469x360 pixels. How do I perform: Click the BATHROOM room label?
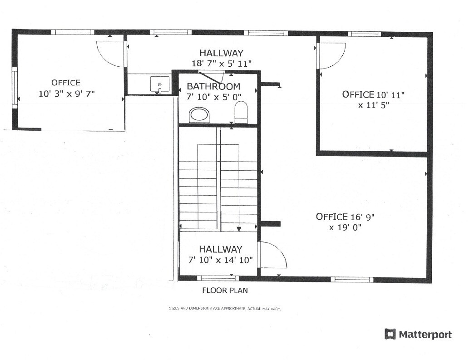(213, 86)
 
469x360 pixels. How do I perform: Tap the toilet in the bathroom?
(241, 112)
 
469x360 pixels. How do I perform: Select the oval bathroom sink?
(199, 114)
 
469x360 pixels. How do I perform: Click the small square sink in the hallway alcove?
(160, 84)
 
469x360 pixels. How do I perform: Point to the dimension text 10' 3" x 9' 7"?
(67, 93)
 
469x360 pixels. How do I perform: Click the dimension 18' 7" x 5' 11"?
(221, 64)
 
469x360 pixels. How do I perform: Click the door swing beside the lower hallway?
(272, 255)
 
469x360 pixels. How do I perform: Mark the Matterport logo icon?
(390, 334)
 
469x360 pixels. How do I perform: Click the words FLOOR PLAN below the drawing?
(225, 291)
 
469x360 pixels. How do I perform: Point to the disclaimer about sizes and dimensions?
(225, 308)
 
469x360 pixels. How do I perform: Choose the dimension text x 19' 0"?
(345, 227)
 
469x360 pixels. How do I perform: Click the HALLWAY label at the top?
(221, 53)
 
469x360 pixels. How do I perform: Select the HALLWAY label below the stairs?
(220, 249)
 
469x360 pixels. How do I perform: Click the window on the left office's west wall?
(15, 88)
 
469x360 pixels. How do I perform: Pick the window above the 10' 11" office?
(364, 34)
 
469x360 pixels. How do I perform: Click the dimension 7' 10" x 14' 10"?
(221, 260)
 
